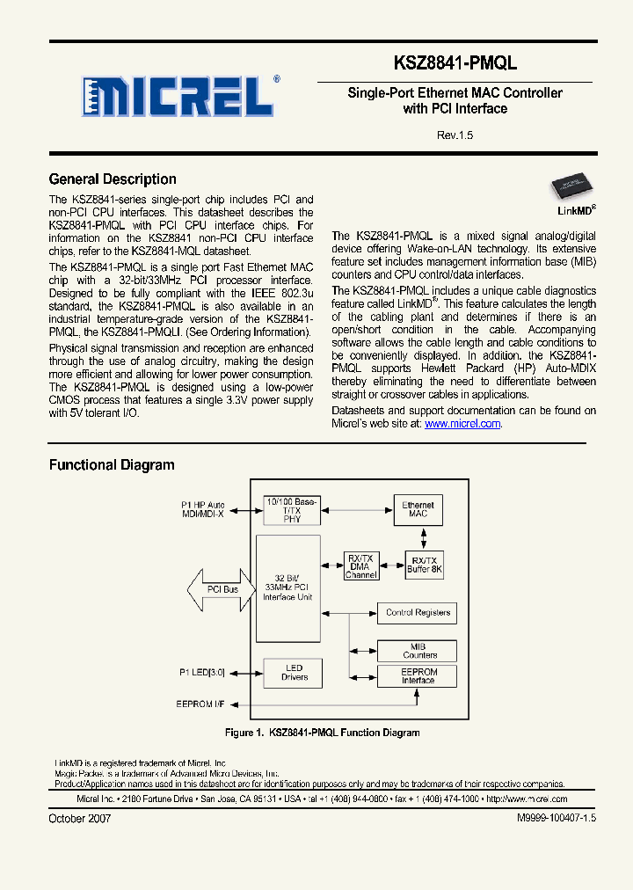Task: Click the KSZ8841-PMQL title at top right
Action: [455, 63]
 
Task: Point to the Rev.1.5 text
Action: [455, 135]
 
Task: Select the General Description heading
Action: [113, 179]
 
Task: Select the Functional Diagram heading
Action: [112, 465]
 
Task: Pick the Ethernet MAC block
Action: [418, 510]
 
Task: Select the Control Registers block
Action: [418, 613]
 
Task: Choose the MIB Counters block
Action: [419, 651]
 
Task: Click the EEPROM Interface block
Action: [418, 675]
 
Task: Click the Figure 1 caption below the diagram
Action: [322, 733]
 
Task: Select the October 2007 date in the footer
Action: [79, 819]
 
